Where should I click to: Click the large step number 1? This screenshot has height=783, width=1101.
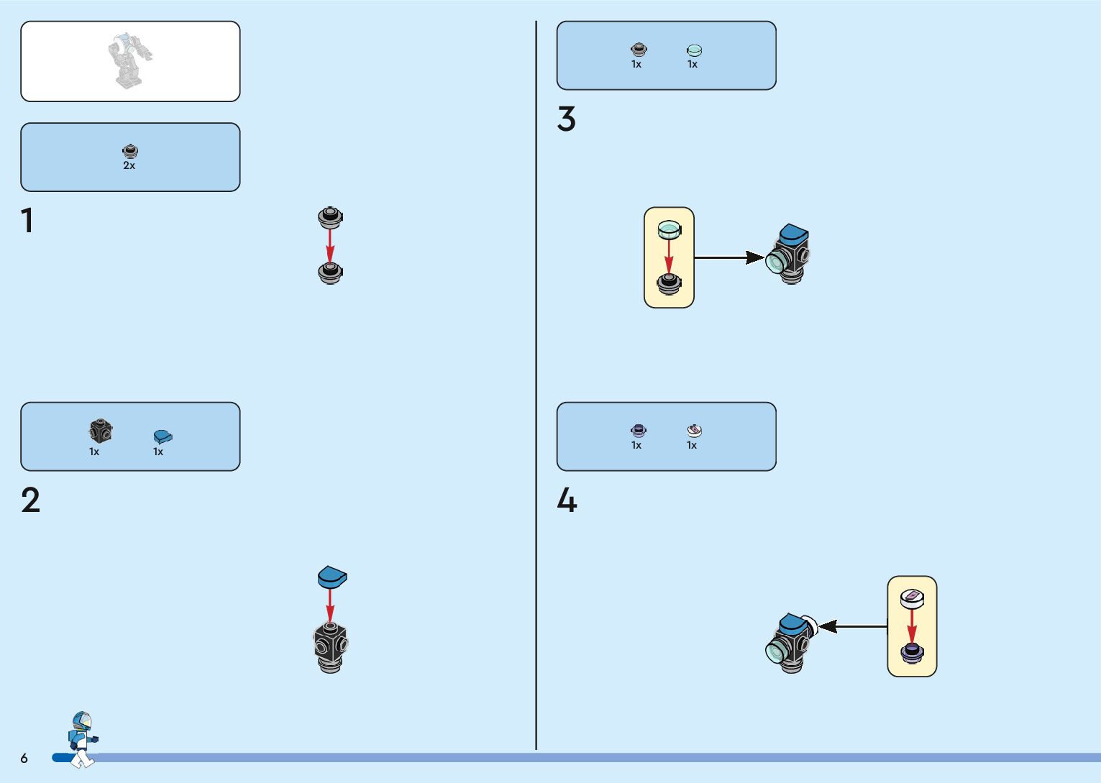27,221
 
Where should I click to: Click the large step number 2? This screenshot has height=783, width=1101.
30,500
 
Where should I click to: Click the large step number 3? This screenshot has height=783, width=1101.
566,119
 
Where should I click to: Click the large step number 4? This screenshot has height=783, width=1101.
567,500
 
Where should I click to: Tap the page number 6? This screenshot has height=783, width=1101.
24,758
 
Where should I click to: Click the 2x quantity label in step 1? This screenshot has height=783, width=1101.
129,165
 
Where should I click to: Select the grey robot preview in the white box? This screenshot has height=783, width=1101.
130,61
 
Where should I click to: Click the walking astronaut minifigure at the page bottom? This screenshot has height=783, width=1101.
82,739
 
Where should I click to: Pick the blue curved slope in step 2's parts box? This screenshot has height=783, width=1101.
163,436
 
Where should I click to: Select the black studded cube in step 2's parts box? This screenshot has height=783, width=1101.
100,431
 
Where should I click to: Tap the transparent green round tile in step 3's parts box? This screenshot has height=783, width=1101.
694,50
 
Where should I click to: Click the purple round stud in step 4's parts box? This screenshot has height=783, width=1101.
638,431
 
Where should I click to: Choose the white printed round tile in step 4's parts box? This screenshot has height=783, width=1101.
694,431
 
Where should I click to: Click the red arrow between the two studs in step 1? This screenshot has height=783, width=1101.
330,245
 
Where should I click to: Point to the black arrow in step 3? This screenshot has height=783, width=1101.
728,257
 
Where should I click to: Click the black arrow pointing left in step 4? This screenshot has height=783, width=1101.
852,626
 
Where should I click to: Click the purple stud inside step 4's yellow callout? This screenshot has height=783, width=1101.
912,653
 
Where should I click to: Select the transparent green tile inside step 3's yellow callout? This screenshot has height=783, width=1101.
669,229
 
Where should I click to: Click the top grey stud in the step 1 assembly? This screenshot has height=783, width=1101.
330,217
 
